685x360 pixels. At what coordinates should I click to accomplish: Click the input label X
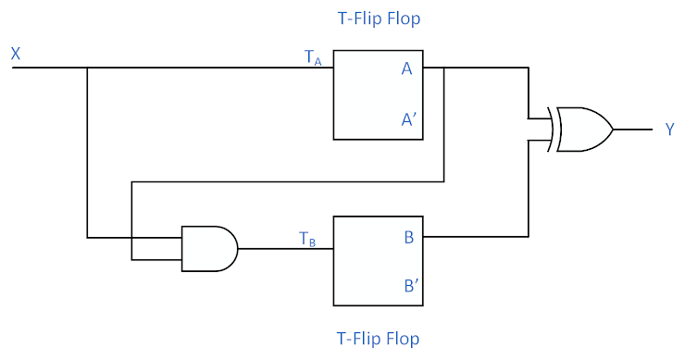(x=16, y=55)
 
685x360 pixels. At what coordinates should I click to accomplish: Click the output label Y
(x=669, y=130)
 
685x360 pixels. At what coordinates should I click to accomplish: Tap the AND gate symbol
(x=208, y=248)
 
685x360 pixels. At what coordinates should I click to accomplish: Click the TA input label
(x=314, y=57)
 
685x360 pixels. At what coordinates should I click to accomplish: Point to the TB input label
(x=308, y=238)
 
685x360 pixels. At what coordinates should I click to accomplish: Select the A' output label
(x=408, y=119)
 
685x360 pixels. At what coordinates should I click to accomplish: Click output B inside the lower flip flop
(x=408, y=237)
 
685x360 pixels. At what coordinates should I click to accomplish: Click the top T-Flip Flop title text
(x=378, y=19)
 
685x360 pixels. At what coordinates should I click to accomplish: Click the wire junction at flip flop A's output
(x=444, y=68)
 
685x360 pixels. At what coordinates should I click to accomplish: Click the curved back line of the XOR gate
(x=552, y=130)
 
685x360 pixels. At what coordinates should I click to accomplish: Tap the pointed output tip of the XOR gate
(x=611, y=130)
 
